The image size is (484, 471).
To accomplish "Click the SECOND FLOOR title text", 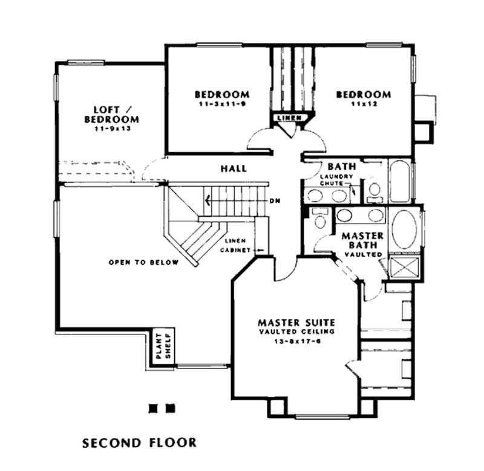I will pos(139,443).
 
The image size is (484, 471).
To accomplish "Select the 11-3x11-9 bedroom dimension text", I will pos(221,105).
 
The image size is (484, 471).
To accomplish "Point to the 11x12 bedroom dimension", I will pos(363,105).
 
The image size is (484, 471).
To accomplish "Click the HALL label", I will pos(234,168).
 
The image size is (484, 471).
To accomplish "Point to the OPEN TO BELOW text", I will pos(143,262).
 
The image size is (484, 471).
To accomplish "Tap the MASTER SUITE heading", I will pos(295,322).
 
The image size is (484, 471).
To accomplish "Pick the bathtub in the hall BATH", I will pos(399,181).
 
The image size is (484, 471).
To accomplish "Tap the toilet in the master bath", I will pos(319,217).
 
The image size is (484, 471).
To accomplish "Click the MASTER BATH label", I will pos(363,240).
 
